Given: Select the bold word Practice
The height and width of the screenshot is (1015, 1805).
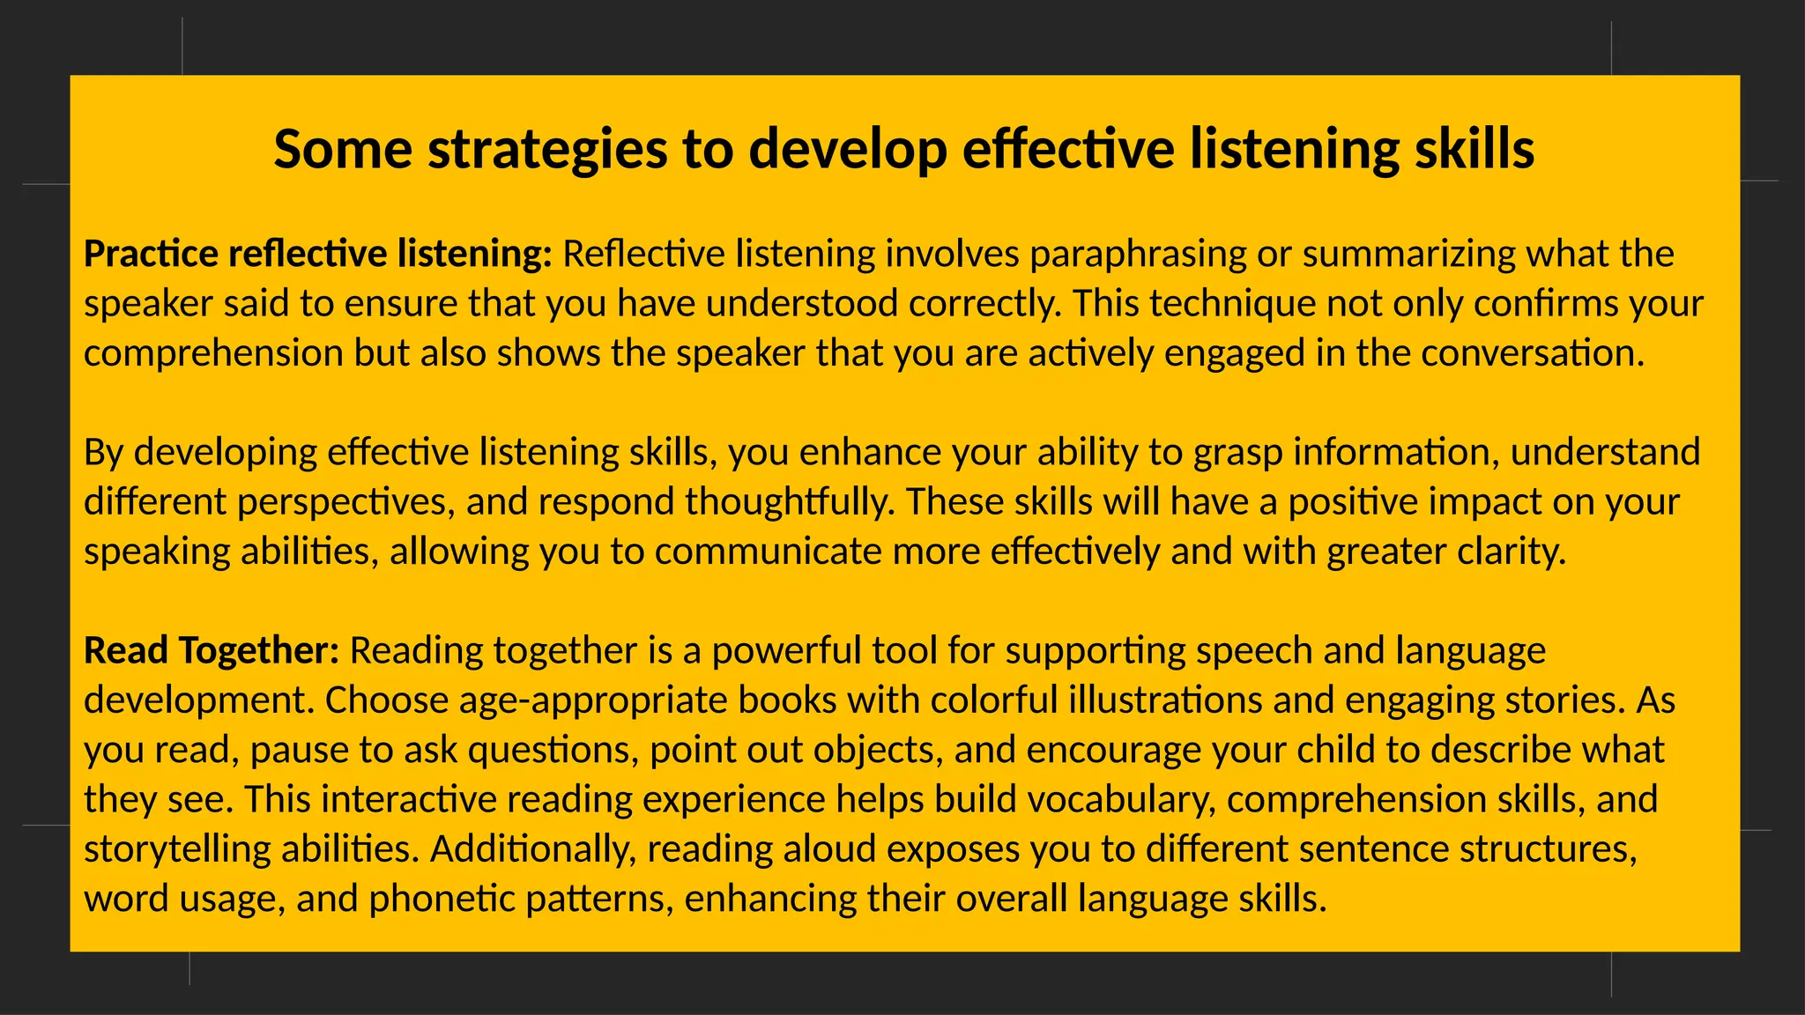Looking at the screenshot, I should click(x=151, y=254).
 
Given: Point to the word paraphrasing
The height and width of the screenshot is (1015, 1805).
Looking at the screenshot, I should click(x=1138, y=256).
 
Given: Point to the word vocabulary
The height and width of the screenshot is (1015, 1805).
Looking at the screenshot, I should click(x=1121, y=800).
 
